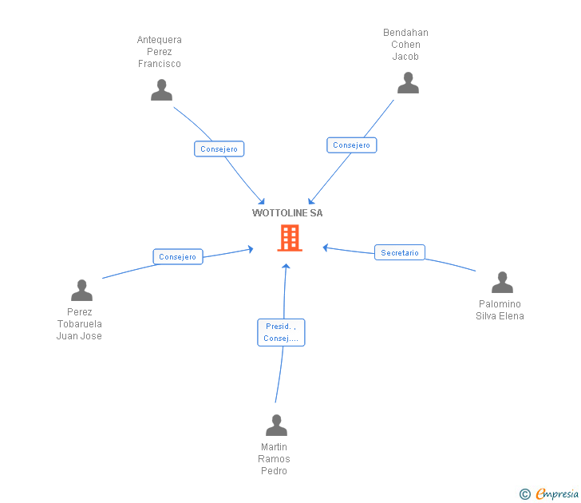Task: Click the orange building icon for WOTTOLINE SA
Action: point(289,238)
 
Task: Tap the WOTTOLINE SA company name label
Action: point(287,213)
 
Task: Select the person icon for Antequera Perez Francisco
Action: point(162,89)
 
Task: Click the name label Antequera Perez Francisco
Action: point(160,52)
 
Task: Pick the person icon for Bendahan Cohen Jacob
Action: point(408,83)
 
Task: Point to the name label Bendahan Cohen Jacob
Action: point(405,45)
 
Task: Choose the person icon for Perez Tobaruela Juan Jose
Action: point(81,290)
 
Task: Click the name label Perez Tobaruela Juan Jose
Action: point(79,324)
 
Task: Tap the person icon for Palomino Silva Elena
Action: point(502,283)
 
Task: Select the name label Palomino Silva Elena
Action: point(500,310)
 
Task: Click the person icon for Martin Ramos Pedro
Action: point(276,425)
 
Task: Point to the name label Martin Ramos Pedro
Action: point(274,459)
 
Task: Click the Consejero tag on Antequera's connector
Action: point(219,149)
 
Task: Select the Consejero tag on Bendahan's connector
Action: point(351,145)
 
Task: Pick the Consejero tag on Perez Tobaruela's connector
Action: point(177,257)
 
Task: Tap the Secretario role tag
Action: point(399,253)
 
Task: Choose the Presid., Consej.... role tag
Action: point(281,332)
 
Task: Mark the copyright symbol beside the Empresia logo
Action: point(524,495)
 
